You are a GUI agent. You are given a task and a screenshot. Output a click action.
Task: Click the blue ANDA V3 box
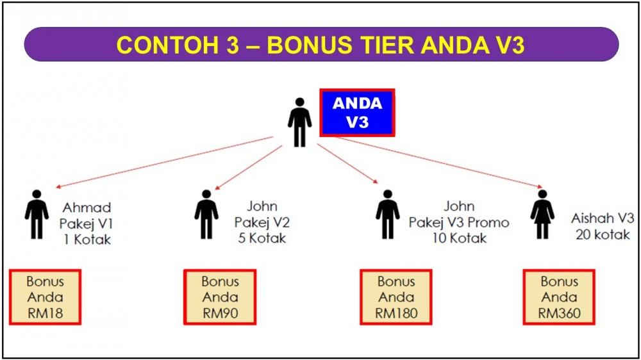(357, 112)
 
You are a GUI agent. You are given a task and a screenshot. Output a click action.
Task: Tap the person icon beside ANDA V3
(299, 122)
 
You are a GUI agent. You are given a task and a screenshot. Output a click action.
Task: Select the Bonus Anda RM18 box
(45, 297)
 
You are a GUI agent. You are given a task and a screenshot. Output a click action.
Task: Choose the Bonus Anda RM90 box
(220, 297)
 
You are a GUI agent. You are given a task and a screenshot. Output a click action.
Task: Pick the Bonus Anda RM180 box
(396, 297)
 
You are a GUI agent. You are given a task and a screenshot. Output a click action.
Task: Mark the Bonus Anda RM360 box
(559, 297)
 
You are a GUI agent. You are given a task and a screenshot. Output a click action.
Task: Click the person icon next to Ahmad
(37, 214)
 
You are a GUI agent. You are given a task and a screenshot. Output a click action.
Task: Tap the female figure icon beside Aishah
(542, 214)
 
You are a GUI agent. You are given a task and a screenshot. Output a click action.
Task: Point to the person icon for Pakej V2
(206, 214)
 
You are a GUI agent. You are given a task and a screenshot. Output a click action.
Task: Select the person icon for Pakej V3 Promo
(388, 214)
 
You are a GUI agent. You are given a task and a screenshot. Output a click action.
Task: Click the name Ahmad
(87, 208)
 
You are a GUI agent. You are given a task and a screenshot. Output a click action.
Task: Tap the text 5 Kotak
(262, 238)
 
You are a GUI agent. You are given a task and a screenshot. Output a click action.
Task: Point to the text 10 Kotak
(460, 238)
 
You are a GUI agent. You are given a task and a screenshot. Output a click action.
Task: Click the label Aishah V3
(603, 218)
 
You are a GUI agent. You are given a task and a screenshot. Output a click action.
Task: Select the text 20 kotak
(603, 234)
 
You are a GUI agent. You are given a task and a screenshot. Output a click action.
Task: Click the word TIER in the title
(385, 45)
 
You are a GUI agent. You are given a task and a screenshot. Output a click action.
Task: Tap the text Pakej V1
(86, 224)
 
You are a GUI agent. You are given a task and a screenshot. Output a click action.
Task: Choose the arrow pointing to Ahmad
(164, 162)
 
